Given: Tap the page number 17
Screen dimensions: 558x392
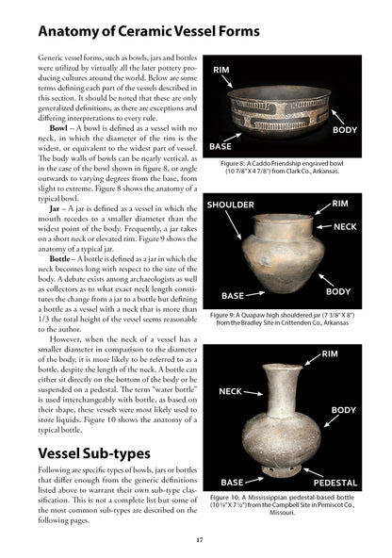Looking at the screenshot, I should point(195,538).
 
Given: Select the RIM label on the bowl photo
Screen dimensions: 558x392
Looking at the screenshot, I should point(222,71).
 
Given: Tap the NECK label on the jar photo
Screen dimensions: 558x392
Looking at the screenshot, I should point(346,227).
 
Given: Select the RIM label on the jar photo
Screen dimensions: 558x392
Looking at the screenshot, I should point(340,203).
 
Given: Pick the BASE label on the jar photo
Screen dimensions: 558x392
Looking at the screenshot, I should point(233,294).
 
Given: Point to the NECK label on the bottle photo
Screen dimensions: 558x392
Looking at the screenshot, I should point(231,390).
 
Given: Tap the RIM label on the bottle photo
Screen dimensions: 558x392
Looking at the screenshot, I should point(331,353).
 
